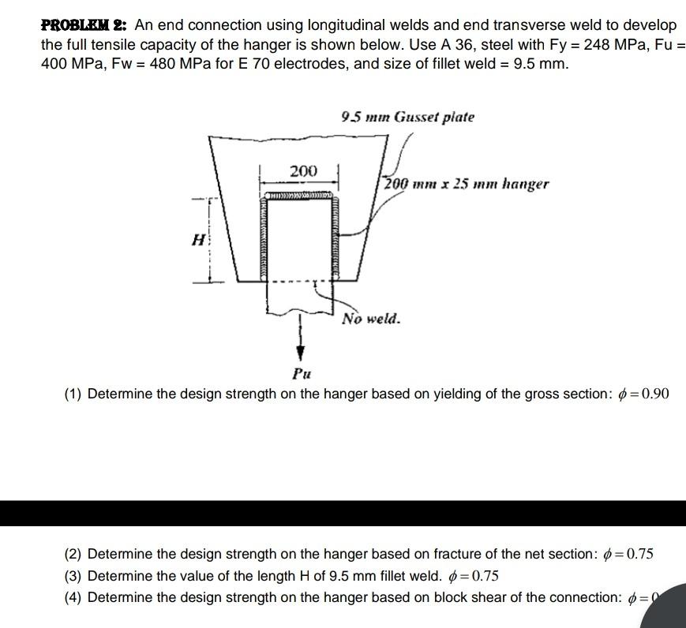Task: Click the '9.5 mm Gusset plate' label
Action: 407,118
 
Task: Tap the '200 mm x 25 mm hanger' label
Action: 467,184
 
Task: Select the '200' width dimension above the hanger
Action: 302,171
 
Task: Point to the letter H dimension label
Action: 199,239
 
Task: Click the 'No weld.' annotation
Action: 371,320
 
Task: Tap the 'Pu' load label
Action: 301,373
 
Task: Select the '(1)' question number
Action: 73,394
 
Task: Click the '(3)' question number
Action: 73,576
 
